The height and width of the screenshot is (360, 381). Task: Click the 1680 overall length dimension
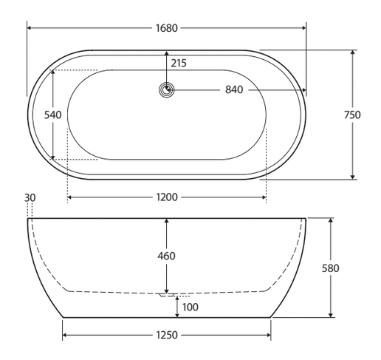(167, 28)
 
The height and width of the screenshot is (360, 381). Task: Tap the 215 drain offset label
(179, 64)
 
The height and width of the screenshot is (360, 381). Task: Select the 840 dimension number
(234, 89)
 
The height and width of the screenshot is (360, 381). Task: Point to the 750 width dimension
(352, 115)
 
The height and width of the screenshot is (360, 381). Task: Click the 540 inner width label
(52, 115)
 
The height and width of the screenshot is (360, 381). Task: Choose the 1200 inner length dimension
(167, 197)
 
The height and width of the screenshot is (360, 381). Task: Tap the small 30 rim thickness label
(30, 197)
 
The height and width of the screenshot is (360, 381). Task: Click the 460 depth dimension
(167, 256)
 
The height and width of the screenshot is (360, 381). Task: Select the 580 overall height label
(331, 268)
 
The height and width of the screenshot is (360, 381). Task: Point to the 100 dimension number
(190, 308)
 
